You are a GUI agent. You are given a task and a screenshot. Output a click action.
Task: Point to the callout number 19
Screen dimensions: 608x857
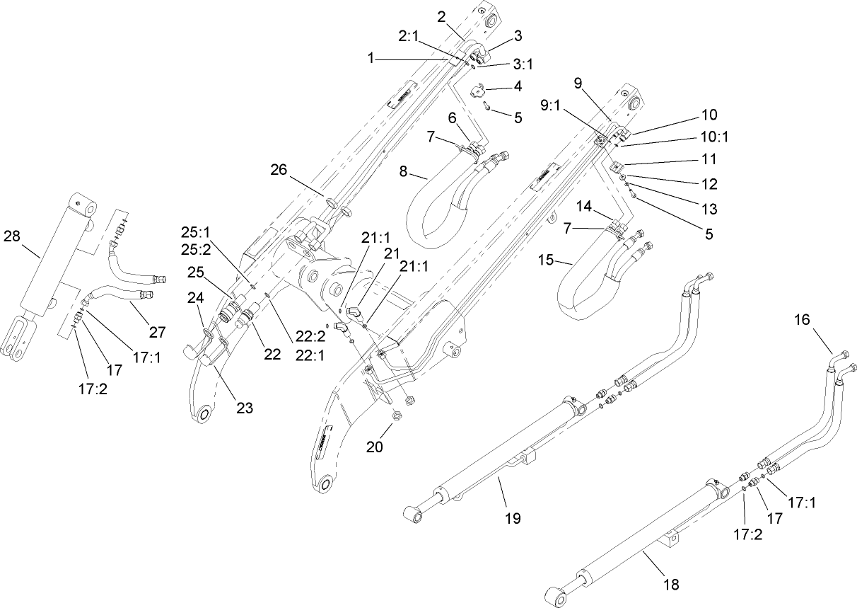[x=513, y=518]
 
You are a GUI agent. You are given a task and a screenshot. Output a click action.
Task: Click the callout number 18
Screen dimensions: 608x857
[x=672, y=584]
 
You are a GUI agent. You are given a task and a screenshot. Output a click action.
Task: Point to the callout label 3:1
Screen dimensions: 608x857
[x=523, y=64]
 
